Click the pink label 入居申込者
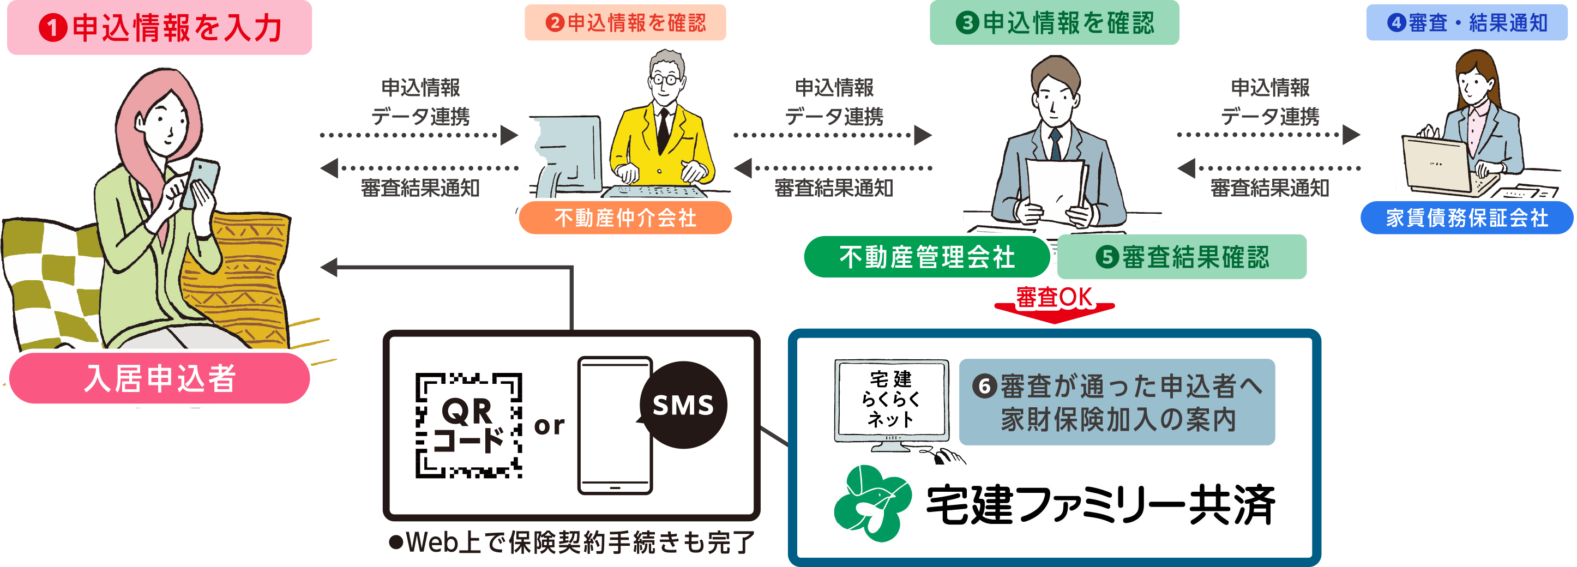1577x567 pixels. (x=159, y=378)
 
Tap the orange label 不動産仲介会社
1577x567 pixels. (x=625, y=218)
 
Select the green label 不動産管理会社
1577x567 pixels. (x=926, y=257)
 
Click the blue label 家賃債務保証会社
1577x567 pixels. (x=1466, y=218)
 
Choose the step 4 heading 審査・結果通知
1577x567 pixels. (x=1466, y=23)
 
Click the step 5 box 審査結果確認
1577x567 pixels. (x=1182, y=257)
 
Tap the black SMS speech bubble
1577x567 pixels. (x=683, y=405)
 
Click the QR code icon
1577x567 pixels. (x=468, y=425)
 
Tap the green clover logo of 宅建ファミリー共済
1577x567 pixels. (x=872, y=503)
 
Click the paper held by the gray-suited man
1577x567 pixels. (x=1054, y=190)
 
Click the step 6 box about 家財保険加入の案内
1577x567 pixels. (x=1117, y=402)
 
